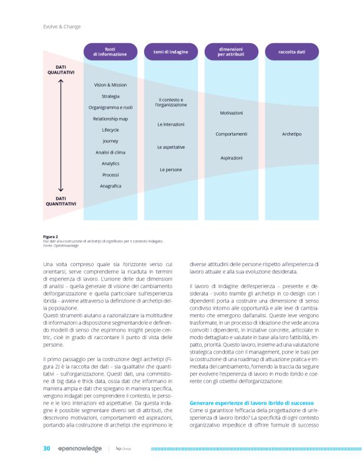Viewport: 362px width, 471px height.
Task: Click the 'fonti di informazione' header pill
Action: [x=110, y=52]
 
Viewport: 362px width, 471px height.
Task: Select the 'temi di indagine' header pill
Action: [x=170, y=52]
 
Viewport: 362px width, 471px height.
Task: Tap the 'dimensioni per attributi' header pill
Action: [x=231, y=52]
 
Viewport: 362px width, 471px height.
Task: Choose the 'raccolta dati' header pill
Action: [x=291, y=52]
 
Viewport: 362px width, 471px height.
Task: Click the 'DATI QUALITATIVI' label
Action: [x=61, y=69]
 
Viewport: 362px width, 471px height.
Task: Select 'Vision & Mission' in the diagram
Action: [x=110, y=84]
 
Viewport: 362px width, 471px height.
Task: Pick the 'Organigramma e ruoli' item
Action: [x=110, y=107]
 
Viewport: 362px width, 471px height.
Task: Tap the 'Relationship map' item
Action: [x=110, y=118]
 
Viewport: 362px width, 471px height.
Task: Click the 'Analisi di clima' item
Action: [x=110, y=152]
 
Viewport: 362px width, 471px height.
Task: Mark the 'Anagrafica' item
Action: [x=110, y=186]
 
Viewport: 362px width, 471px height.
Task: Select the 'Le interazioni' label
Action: [x=170, y=124]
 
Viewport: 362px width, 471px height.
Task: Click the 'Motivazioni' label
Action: [x=231, y=112]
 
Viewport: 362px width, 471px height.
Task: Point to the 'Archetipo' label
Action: [x=291, y=134]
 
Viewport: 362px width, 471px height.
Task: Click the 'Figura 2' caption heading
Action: [x=51, y=237]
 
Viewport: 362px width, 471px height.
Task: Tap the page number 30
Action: [x=46, y=448]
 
